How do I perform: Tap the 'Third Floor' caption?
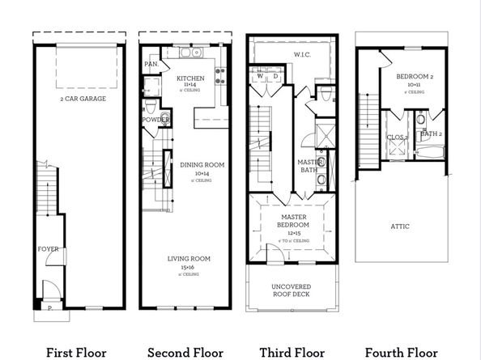tap(292, 352)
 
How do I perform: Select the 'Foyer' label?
tap(48, 249)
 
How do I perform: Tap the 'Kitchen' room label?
tap(189, 78)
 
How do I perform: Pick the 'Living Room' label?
tap(189, 258)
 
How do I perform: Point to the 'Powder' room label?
tap(155, 120)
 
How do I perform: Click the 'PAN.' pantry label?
tap(151, 63)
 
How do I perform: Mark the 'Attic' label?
tap(400, 226)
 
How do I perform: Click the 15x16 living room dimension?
tap(189, 267)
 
